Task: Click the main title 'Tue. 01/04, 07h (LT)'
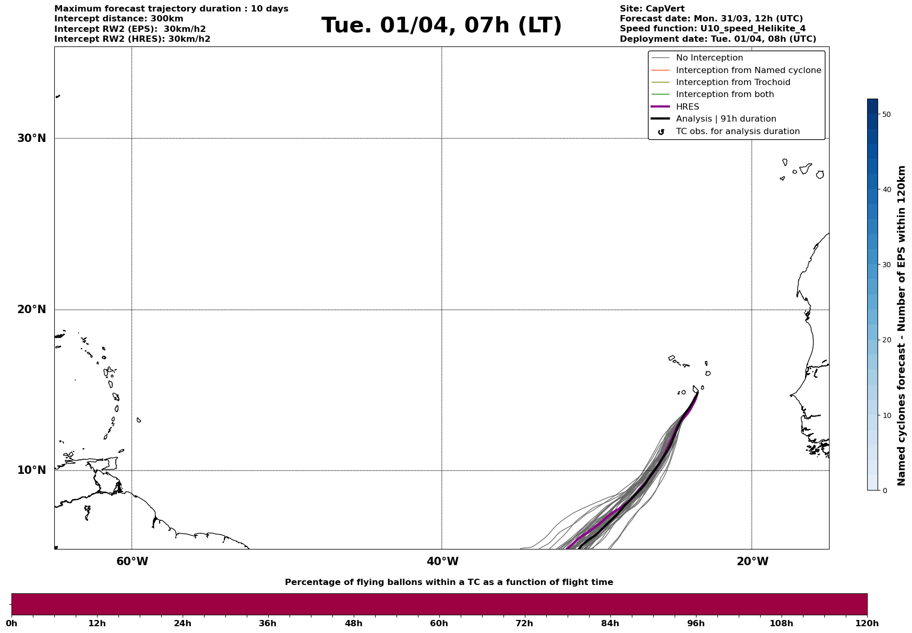coord(441,26)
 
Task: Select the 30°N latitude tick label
coord(31,138)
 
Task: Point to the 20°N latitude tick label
coord(31,309)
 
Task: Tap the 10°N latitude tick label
coord(31,470)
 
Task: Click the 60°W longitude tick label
coord(132,562)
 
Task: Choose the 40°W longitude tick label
coord(442,562)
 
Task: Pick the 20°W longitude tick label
coord(752,562)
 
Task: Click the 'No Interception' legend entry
coord(709,58)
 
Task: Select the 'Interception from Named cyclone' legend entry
coord(748,70)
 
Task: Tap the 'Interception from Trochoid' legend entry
coord(733,82)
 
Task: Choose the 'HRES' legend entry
coord(687,107)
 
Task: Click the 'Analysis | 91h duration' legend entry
coord(726,119)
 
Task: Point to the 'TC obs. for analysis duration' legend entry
coord(737,132)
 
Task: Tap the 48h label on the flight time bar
coord(353,623)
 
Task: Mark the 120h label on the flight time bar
coord(867,623)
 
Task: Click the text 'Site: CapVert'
coord(652,9)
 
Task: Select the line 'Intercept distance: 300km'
coord(118,19)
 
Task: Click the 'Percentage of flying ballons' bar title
coord(449,582)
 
